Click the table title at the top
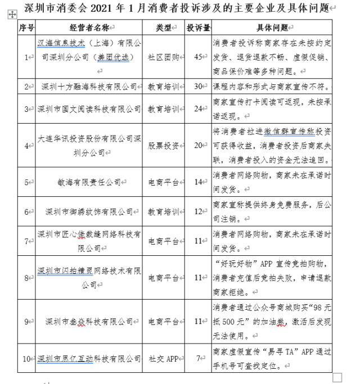[176, 7]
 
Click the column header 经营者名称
[89, 28]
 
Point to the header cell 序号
[26, 28]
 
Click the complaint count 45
[197, 57]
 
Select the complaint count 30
[197, 87]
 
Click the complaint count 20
[197, 145]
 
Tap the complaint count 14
[197, 182]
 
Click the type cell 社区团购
[161, 57]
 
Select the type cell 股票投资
[163, 145]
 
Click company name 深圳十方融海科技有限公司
[89, 87]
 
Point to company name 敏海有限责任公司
[89, 182]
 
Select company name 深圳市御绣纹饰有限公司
[89, 211]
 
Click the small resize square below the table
[337, 377]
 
